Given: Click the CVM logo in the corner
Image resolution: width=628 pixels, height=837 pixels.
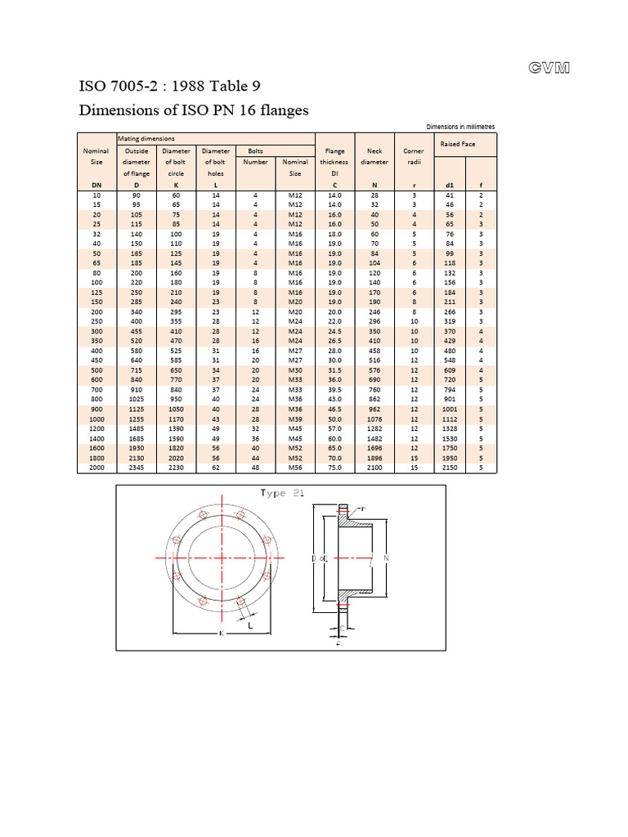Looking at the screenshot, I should coord(549,68).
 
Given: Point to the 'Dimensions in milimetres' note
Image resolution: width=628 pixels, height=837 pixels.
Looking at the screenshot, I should coord(460,127).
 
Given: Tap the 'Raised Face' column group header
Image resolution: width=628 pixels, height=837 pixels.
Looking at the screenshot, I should coord(457,144).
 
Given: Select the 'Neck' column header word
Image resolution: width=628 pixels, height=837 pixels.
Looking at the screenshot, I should coord(375,151).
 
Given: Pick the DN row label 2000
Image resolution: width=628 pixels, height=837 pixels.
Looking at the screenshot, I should coord(96,468).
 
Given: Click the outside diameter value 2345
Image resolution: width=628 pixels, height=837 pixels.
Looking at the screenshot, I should coord(137,468).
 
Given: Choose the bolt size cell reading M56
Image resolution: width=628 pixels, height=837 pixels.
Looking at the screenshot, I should coord(295,468).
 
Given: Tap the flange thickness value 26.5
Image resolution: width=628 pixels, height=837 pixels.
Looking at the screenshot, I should coord(334,340).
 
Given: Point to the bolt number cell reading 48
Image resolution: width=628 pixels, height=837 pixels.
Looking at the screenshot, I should coord(255,468).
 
